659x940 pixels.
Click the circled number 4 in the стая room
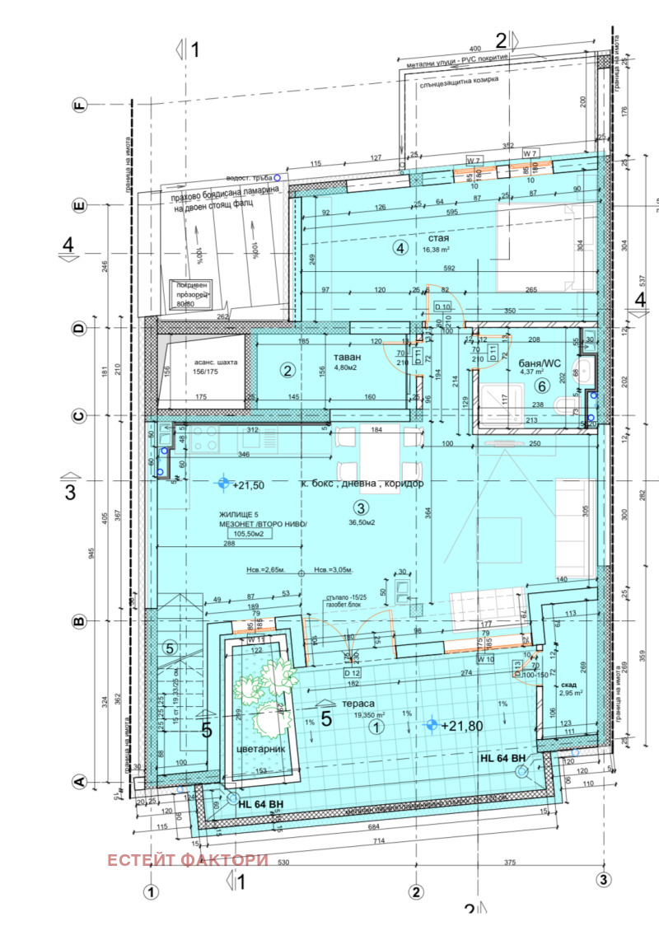[400, 247]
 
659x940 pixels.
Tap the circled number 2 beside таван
[287, 370]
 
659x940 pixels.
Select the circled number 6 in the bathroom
[541, 386]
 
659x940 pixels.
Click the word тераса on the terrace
[358, 704]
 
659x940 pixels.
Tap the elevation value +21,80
[460, 726]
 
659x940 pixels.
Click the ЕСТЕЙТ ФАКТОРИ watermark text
[188, 859]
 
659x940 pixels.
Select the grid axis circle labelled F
[80, 105]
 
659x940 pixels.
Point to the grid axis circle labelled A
[80, 783]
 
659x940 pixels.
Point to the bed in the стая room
[545, 248]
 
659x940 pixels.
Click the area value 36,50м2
[359, 522]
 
